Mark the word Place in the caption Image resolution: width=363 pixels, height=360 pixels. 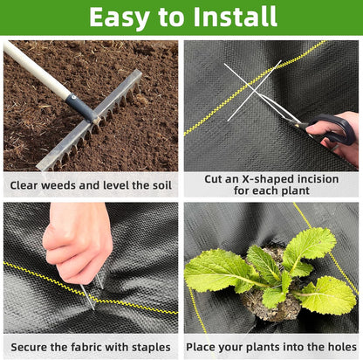pos(207,347)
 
